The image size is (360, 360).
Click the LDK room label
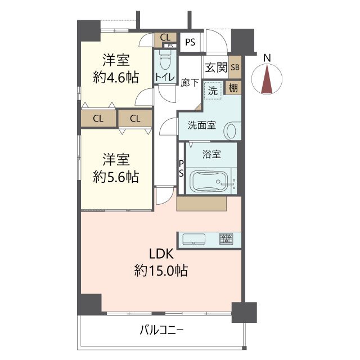[161, 254]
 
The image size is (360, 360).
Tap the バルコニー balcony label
[162, 330]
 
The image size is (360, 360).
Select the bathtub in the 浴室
[210, 181]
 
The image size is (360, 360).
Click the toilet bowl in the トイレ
[165, 61]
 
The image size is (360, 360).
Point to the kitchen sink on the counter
[193, 240]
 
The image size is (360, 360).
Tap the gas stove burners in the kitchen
[226, 238]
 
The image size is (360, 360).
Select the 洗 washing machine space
[213, 91]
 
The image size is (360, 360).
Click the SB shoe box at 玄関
[235, 67]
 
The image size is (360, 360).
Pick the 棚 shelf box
[233, 88]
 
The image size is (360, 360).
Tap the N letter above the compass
[267, 58]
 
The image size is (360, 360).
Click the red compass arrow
[267, 79]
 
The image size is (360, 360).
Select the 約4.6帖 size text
[116, 78]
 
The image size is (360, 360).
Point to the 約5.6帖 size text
[116, 177]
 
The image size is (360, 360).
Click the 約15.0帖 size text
[161, 270]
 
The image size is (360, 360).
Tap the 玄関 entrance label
[216, 67]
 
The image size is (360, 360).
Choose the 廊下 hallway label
[190, 83]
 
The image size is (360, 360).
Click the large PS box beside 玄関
[190, 42]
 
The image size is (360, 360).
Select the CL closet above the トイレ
[165, 38]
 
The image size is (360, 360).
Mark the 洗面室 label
[201, 125]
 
